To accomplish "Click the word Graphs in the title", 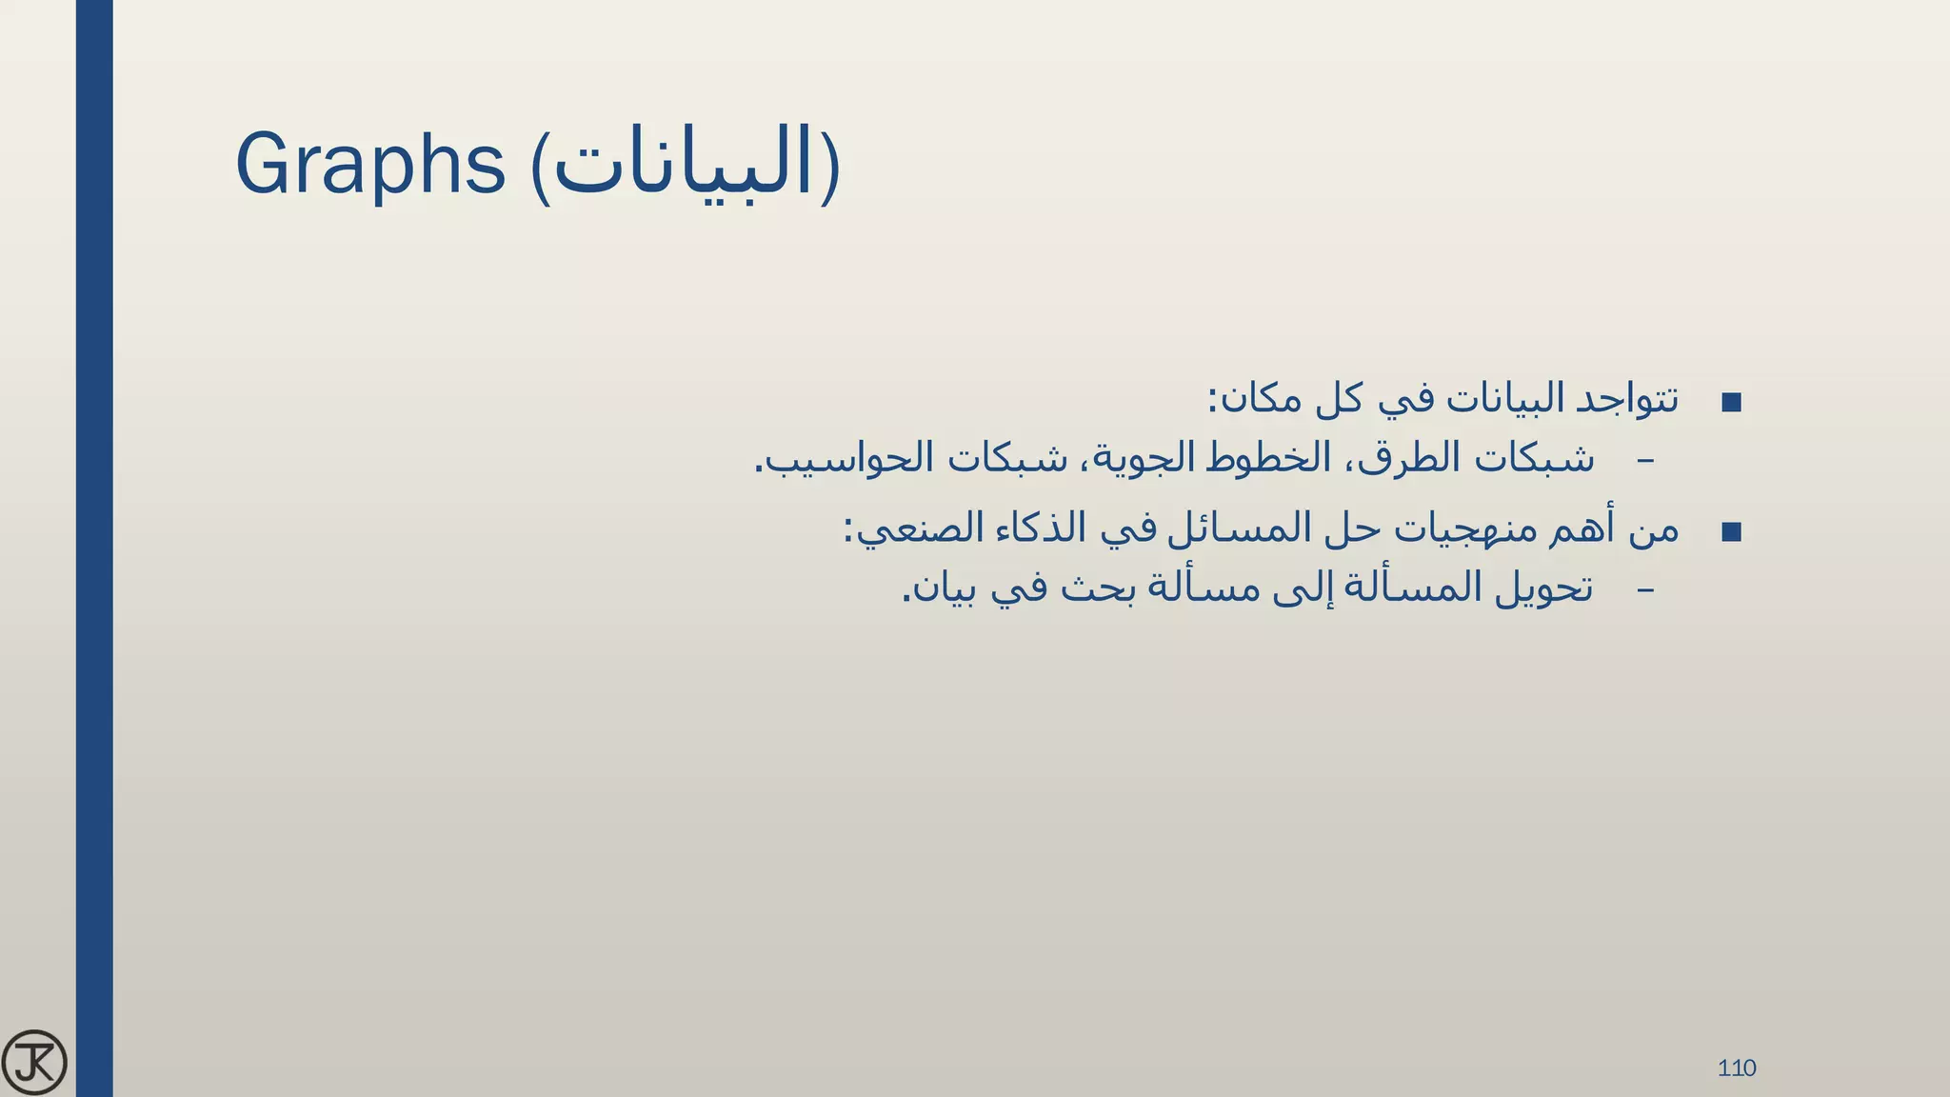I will (x=369, y=164).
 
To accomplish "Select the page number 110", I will (x=1737, y=1067).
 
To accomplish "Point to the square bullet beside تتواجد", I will (x=1732, y=402).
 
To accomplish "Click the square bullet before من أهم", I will (x=1732, y=532).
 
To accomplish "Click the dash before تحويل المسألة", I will (x=1644, y=589).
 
